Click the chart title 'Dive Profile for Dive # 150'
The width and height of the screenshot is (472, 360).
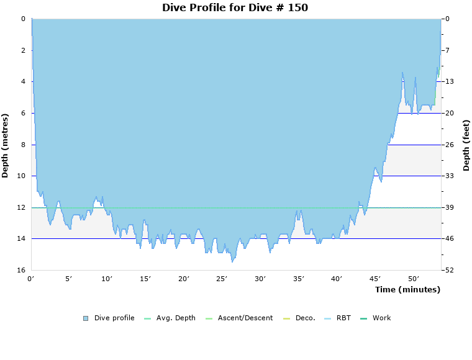click(x=235, y=7)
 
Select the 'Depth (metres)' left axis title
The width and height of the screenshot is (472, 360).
click(x=5, y=145)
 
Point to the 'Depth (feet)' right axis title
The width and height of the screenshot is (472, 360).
click(x=466, y=145)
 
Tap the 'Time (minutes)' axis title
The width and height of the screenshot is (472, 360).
click(x=407, y=289)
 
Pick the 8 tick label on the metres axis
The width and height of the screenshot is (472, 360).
click(x=23, y=145)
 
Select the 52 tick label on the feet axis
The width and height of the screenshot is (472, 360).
click(x=449, y=270)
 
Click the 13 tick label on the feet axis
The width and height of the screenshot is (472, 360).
click(x=449, y=81)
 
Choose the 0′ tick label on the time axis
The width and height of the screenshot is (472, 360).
click(x=31, y=279)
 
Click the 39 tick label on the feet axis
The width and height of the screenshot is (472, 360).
click(x=449, y=207)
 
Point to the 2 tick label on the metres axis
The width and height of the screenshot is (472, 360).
click(x=23, y=50)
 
